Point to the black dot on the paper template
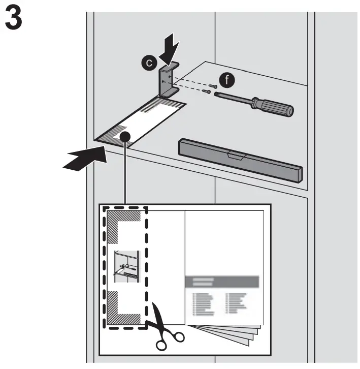pos(126,137)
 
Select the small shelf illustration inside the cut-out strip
pos(125,265)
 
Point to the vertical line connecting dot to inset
pos(125,173)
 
